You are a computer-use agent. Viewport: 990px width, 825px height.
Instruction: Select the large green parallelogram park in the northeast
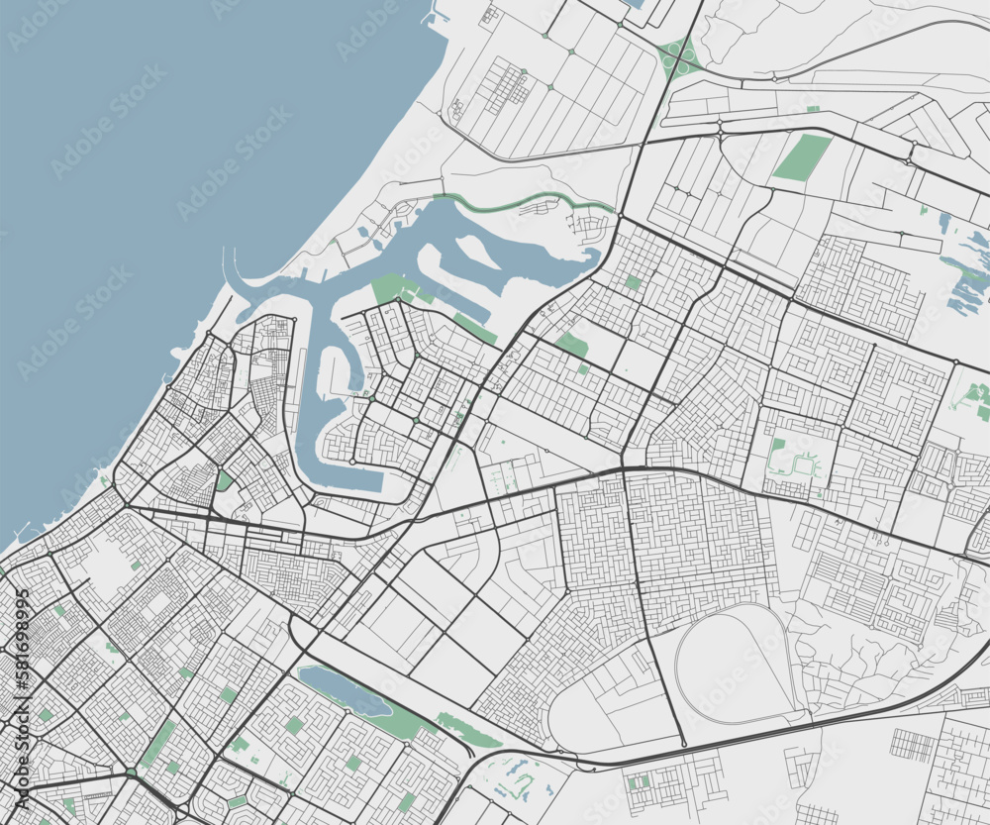[802, 157]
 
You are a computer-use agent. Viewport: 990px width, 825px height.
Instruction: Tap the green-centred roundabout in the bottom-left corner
[131, 772]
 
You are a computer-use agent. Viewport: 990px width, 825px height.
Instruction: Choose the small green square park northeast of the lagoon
[632, 283]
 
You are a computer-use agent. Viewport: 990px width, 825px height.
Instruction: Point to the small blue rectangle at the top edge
[634, 4]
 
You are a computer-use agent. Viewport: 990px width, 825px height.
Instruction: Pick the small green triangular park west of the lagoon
[224, 480]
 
